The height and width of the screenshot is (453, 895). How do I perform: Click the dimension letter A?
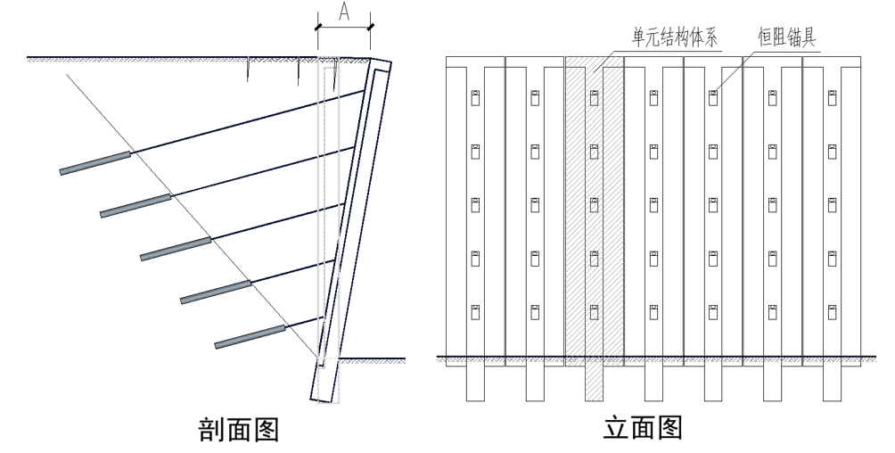click(342, 12)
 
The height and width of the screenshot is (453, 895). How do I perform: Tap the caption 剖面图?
click(237, 431)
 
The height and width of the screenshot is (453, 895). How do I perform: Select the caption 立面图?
click(644, 429)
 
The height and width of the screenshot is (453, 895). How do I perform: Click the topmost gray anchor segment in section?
click(95, 162)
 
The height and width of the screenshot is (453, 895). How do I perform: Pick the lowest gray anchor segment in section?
click(250, 336)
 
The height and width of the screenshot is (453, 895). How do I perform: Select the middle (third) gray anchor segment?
click(176, 249)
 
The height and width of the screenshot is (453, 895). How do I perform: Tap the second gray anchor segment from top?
click(135, 205)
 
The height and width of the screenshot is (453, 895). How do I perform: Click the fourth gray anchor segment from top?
click(215, 292)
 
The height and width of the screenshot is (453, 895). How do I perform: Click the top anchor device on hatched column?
click(595, 99)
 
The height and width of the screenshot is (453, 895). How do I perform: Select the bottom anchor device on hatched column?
click(595, 311)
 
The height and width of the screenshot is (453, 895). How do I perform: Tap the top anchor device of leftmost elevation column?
click(475, 99)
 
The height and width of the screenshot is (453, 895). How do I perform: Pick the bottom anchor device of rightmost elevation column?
click(832, 311)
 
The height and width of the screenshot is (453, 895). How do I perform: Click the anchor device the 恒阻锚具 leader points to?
click(713, 99)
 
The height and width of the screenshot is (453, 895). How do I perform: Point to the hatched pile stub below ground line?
click(595, 383)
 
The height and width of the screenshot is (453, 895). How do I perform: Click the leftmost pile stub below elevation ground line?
click(475, 383)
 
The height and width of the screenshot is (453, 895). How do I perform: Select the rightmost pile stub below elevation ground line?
click(832, 383)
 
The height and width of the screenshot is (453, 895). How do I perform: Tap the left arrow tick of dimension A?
click(318, 28)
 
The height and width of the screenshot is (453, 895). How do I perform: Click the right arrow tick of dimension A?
click(371, 28)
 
